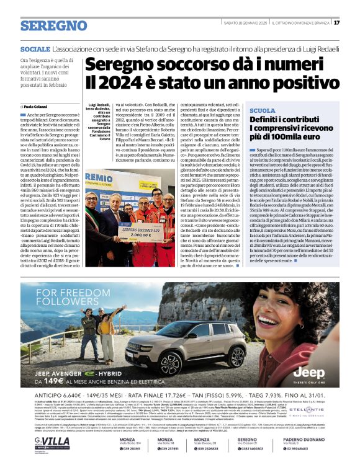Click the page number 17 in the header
[354, 22]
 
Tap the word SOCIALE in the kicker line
[35, 48]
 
